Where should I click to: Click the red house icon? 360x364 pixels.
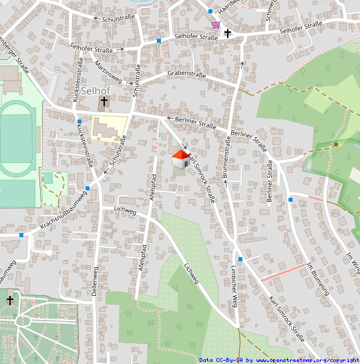pos(180,159)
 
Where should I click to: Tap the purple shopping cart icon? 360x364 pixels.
pos(215,24)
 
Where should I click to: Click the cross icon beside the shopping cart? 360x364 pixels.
pos(228,32)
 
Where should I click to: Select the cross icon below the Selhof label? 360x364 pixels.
pos(104,103)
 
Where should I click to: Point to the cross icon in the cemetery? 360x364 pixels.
pos(10,301)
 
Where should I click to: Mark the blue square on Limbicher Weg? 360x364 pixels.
pos(240,258)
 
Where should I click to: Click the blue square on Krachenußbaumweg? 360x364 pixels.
pos(87,189)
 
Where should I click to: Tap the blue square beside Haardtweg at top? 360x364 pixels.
pos(210,11)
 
